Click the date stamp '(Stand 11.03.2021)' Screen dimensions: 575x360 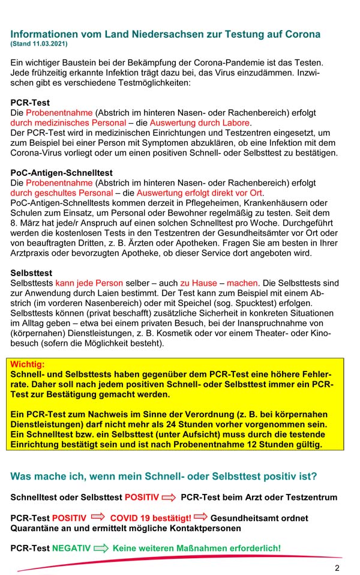pyautogui.click(x=39, y=44)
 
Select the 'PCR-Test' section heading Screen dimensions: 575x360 pyautogui.click(x=30, y=103)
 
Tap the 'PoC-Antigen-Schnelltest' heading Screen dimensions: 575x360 pyautogui.click(x=61, y=173)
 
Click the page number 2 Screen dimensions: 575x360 pyautogui.click(x=337, y=568)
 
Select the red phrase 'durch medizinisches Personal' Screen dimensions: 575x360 pyautogui.click(x=61, y=122)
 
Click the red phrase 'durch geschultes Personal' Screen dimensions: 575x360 pyautogui.click(x=61, y=193)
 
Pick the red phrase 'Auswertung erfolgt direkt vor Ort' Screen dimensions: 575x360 pyautogui.click(x=199, y=193)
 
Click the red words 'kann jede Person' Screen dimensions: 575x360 pyautogui.click(x=89, y=282)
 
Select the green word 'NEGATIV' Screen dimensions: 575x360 pyautogui.click(x=71, y=548)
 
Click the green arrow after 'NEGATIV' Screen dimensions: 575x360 pyautogui.click(x=101, y=548)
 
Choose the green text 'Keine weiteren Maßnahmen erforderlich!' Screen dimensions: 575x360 pyautogui.click(x=197, y=548)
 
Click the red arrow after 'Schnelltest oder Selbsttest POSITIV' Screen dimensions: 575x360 pyautogui.click(x=169, y=498)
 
